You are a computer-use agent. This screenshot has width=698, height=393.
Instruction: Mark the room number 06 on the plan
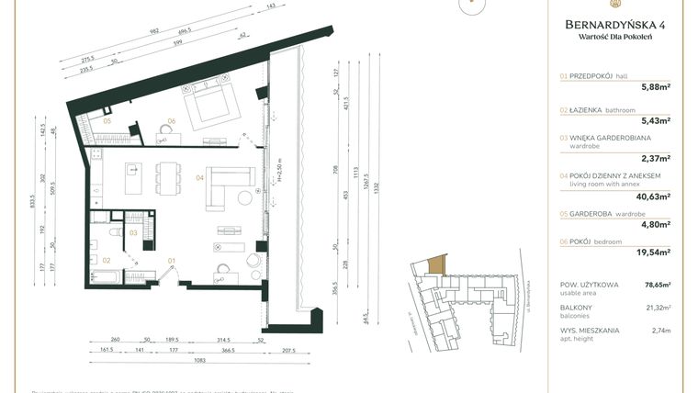coord(171,121)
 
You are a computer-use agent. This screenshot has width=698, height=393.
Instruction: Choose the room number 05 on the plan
coord(107,121)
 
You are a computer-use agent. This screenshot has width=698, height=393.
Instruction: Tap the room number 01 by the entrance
coord(172,261)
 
